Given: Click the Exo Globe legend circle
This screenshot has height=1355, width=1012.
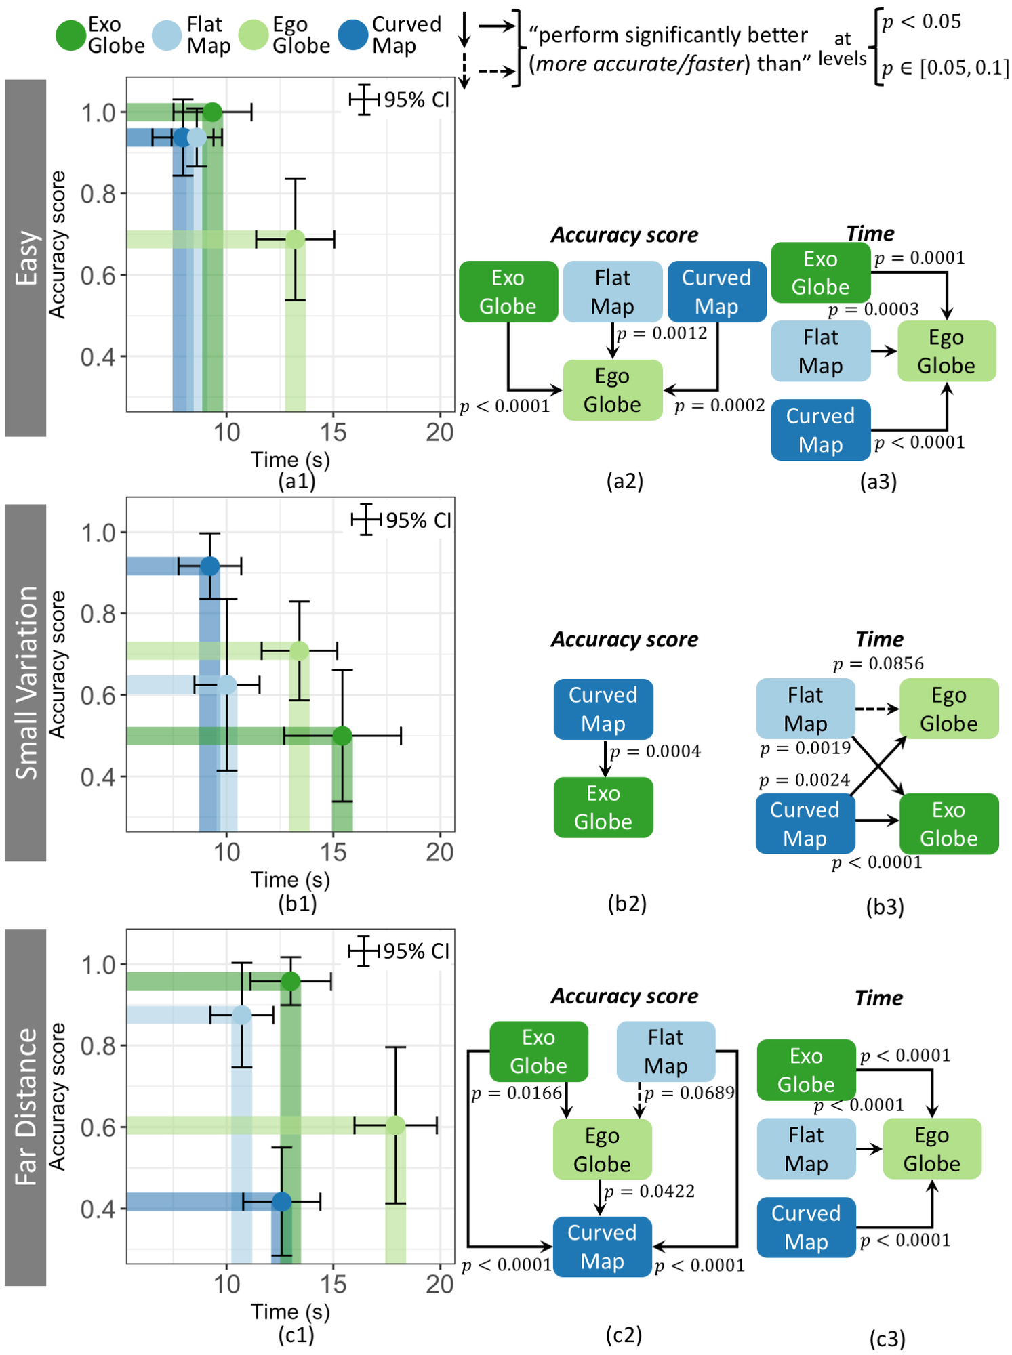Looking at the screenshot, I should coord(70,36).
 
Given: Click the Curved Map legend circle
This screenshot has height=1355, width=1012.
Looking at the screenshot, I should coord(352,35).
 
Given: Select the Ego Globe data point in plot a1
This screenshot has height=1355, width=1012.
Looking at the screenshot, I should coord(295,239).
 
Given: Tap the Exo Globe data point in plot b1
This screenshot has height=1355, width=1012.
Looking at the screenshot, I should coord(342,736).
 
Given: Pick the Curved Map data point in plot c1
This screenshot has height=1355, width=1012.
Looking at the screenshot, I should coord(282,1202).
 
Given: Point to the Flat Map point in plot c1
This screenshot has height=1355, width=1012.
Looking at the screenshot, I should coord(242,1015).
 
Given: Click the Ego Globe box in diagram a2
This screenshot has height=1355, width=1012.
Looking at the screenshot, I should coord(612,390).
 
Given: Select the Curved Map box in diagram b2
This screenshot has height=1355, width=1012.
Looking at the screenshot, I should coord(603,709).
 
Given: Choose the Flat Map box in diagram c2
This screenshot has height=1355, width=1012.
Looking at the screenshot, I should coord(666,1051).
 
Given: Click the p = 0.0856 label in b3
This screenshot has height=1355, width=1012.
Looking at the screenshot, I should coord(878,663).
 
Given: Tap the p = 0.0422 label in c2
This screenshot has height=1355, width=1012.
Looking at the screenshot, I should coord(649,1192).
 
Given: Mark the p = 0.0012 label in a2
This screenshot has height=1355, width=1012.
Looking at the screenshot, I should coord(662,333).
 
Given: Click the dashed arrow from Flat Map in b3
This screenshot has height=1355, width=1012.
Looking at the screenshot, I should coord(876,709).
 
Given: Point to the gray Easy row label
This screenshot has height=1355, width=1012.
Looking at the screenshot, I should coord(26,258).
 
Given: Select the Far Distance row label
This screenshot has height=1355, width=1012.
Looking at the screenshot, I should coord(26,1107).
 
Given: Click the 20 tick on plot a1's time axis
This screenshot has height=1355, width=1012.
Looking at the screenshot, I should coord(439,432).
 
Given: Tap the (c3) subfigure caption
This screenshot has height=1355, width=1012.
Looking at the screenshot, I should coord(887,1339).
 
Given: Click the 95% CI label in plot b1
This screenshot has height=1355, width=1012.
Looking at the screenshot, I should coord(418,520).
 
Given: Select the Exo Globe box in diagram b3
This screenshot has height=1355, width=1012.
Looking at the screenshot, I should coord(948,824).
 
